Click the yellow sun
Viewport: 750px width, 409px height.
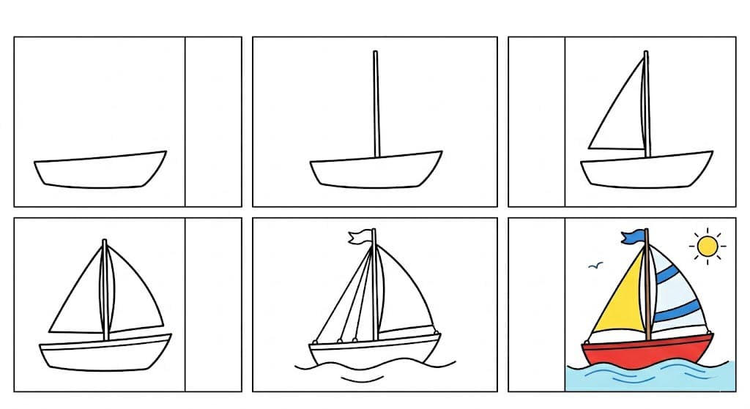pos(708,247)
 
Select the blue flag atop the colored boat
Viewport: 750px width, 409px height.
pos(634,236)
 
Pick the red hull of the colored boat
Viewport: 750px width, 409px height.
pos(646,353)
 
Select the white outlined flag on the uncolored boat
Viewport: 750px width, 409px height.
pos(360,237)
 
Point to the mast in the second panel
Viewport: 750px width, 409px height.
pos(376,102)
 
